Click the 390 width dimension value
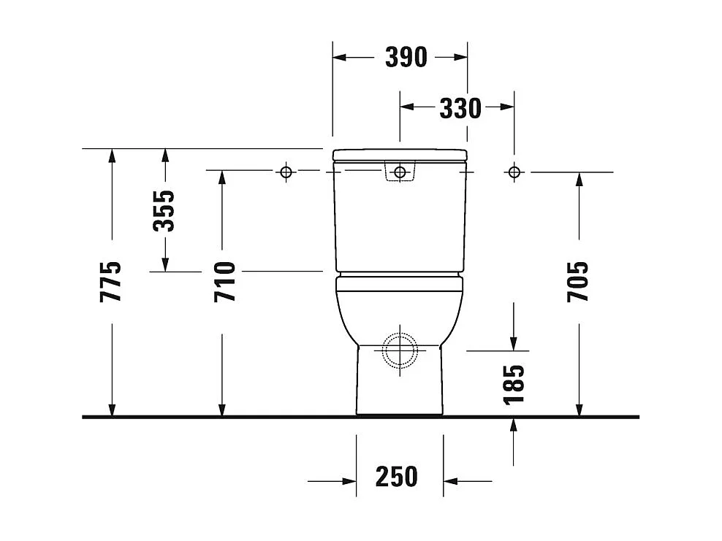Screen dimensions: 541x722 [406, 57]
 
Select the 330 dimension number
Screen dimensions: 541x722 [460, 108]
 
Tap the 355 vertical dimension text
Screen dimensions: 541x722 [165, 210]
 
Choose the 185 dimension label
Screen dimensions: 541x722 [514, 384]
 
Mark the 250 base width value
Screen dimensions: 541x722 [397, 476]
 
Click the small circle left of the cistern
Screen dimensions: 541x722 [286, 172]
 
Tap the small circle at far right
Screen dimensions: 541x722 [514, 172]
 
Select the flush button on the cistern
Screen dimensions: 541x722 [399, 172]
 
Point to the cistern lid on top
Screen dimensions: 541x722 [400, 154]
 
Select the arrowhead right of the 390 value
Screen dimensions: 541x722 [460, 56]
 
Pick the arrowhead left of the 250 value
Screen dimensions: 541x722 [349, 481]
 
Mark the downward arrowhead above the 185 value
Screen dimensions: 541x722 [514, 343]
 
